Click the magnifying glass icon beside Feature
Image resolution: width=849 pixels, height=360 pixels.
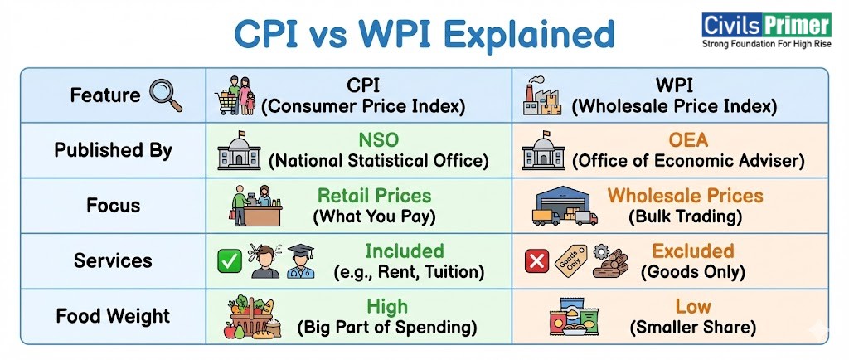coord(166,95)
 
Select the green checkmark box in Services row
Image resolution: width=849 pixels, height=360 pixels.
coord(228,261)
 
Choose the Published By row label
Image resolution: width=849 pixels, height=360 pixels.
coord(114,150)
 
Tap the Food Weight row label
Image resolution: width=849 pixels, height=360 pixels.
coord(114,316)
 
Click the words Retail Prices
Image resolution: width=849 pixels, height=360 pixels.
coord(374,196)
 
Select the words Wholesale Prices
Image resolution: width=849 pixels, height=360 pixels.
coord(685,196)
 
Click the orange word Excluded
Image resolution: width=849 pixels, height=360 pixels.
coord(693,251)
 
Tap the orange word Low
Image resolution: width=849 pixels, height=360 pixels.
coord(693,306)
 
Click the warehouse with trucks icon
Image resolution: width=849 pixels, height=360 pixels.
coord(565,207)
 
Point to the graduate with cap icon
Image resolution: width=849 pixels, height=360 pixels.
coord(301,262)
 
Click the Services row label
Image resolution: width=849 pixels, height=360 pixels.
coord(114,260)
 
